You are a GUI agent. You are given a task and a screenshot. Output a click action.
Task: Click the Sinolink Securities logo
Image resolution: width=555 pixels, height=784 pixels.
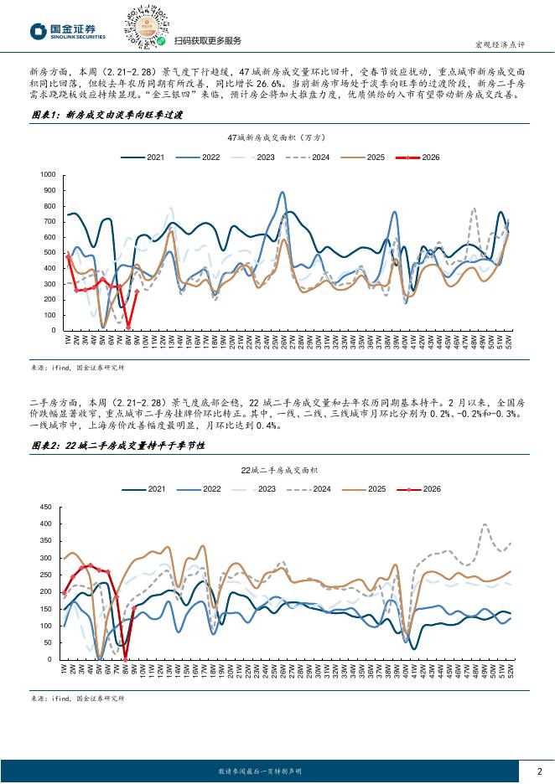click(x=68, y=31)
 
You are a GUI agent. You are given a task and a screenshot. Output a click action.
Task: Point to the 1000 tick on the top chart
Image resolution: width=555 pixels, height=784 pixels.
click(x=47, y=174)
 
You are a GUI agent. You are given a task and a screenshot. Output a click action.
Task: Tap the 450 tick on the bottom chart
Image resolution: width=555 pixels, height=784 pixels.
click(x=46, y=507)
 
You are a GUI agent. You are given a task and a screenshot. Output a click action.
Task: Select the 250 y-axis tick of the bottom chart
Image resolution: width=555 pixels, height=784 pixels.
click(x=46, y=575)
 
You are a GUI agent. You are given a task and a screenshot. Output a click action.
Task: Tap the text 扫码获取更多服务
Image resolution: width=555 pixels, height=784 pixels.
click(x=207, y=41)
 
